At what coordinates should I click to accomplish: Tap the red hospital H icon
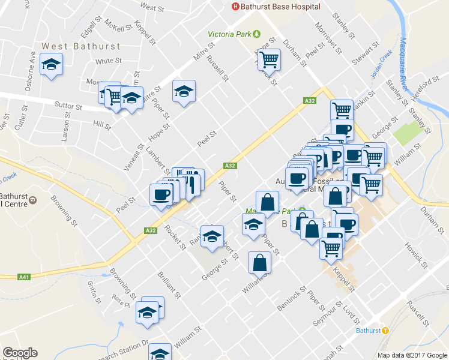tap(235, 7)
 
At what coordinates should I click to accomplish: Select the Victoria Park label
tap(230, 34)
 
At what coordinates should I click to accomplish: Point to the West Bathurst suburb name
tap(81, 46)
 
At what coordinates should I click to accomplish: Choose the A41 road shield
tap(24, 277)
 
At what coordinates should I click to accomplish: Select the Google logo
tap(20, 353)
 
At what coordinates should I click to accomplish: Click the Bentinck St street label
tap(292, 295)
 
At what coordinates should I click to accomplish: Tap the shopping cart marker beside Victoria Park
tap(270, 59)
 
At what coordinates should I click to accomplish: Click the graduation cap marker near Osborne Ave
tap(52, 65)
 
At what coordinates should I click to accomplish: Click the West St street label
tap(152, 8)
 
